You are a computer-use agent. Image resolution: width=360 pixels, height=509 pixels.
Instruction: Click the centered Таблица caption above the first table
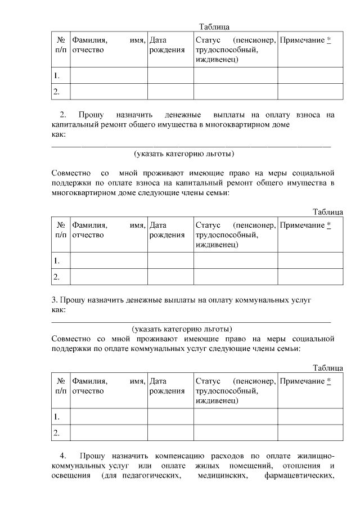pos(214,26)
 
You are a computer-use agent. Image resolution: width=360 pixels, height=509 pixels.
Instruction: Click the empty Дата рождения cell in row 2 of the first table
pos(170,91)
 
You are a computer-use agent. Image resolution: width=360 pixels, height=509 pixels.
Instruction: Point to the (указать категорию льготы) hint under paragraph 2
pos(183,154)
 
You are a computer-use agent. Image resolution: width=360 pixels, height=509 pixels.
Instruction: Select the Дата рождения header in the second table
pos(167,230)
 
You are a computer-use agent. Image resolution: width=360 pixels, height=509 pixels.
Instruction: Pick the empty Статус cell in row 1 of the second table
pos(235,260)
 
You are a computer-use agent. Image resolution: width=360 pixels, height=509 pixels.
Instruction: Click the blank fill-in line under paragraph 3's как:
pos(191,321)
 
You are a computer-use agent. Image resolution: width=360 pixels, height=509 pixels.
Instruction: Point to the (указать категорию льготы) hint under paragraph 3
pos(182,329)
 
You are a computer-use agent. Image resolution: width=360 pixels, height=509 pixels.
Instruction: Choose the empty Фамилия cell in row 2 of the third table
pos(109,433)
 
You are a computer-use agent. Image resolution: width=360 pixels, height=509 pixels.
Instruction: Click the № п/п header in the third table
pos(60,386)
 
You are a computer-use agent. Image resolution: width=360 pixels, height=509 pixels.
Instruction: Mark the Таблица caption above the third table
pos(328,368)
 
